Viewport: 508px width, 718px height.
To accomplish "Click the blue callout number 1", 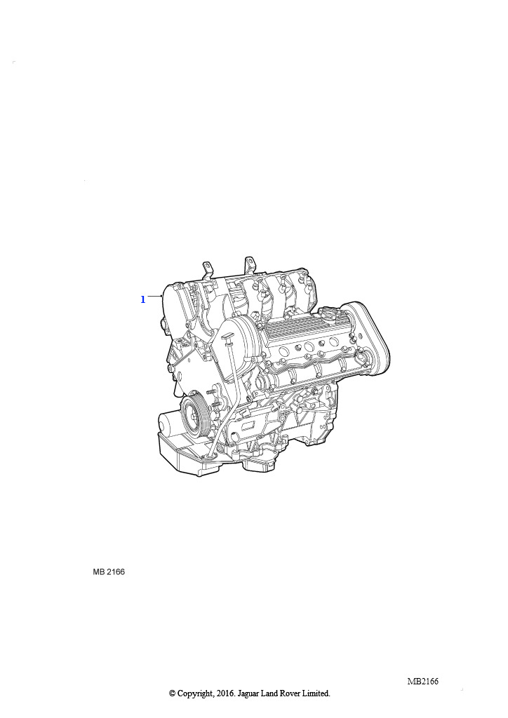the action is click(143, 299).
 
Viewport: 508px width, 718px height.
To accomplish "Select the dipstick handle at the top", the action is click(228, 337).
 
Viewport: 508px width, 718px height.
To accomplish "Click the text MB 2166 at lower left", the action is click(109, 571).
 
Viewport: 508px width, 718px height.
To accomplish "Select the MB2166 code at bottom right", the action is click(423, 681).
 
